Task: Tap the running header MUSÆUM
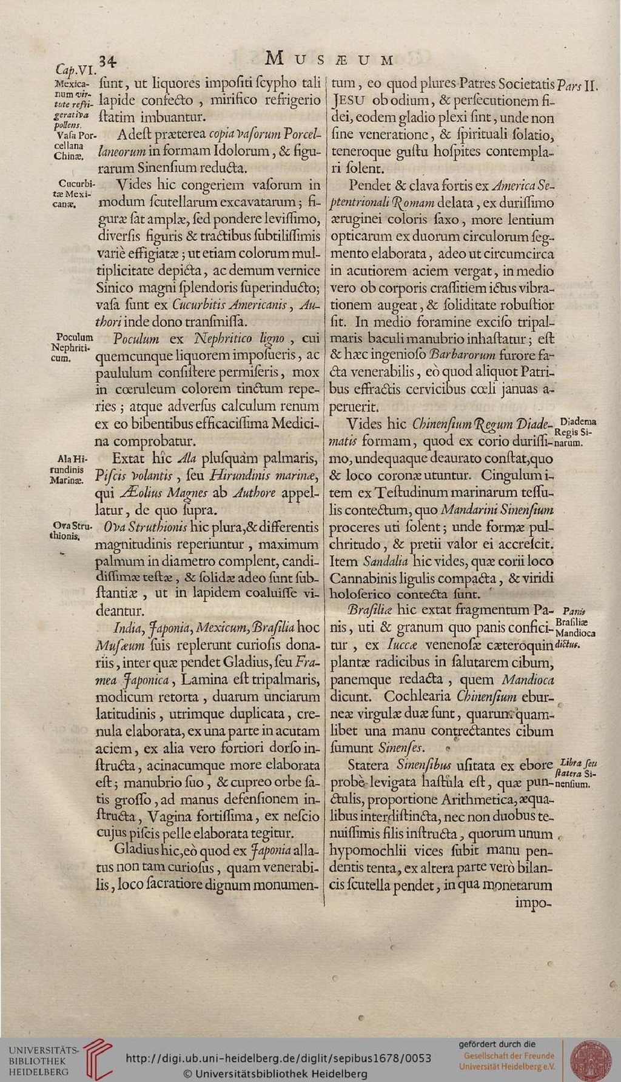pyautogui.click(x=330, y=59)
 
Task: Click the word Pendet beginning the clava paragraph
pyautogui.click(x=369, y=185)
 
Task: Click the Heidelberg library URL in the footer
pyautogui.click(x=278, y=1058)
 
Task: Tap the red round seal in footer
pyautogui.click(x=590, y=1058)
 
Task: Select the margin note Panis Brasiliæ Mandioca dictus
pyautogui.click(x=577, y=627)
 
